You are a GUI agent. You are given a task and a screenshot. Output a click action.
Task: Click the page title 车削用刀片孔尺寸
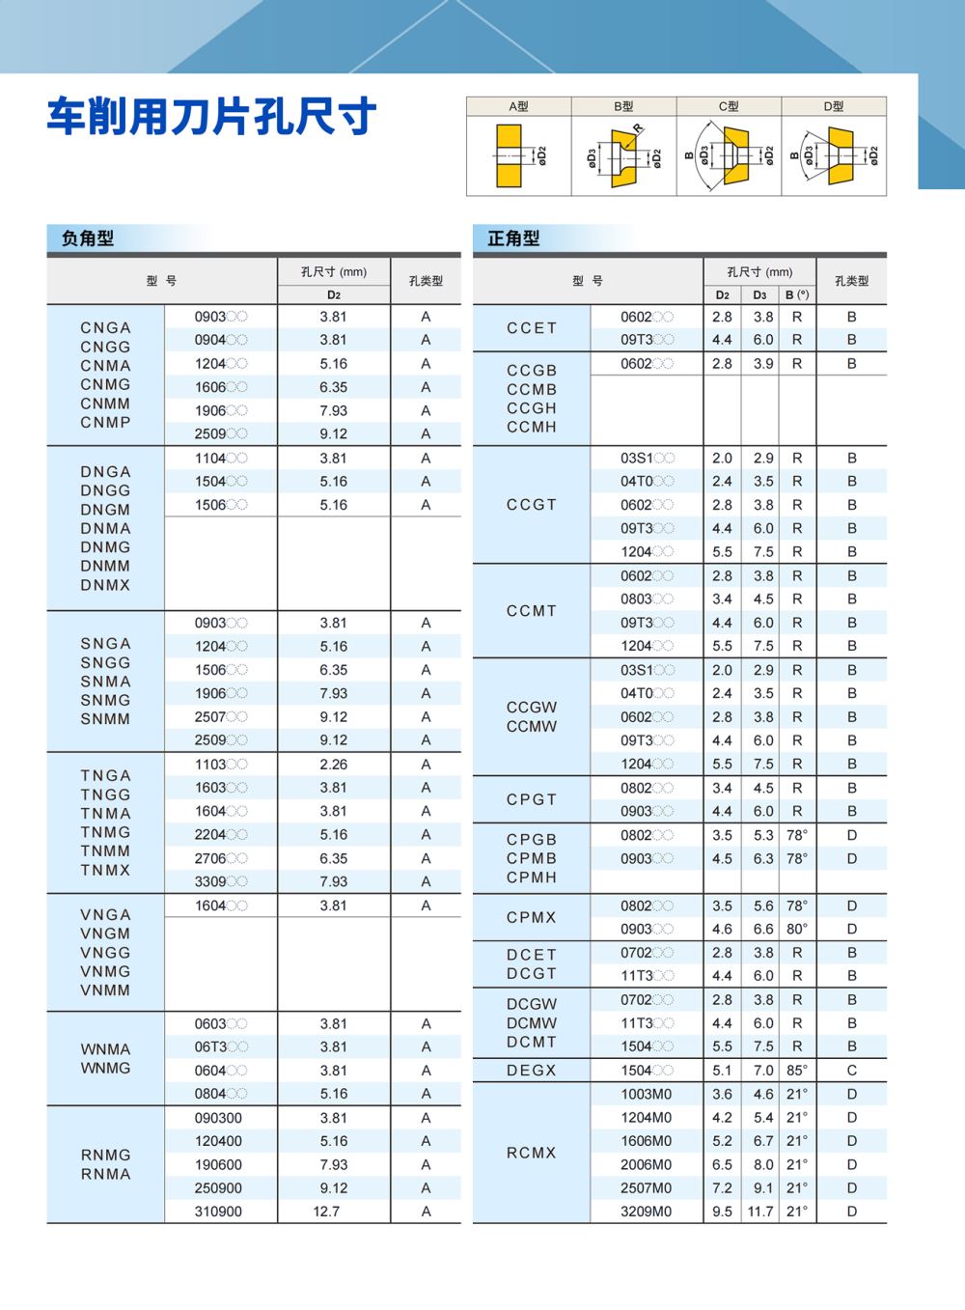[211, 117]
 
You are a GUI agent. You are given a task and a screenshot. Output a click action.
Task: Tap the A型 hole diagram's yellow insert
[509, 156]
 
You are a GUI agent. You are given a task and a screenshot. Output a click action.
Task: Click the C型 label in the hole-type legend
[729, 106]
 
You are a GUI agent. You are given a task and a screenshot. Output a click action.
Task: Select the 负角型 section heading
[88, 238]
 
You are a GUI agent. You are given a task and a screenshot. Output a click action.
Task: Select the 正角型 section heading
[513, 238]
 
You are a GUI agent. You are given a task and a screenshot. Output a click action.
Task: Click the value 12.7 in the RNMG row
[326, 1212]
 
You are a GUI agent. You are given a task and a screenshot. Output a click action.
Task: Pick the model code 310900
[218, 1212]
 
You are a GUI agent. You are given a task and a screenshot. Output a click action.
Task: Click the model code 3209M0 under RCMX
[646, 1212]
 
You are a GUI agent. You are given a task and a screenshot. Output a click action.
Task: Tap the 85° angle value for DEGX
[797, 1071]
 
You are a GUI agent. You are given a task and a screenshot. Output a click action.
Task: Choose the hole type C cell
[851, 1071]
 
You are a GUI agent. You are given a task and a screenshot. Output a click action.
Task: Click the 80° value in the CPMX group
[797, 930]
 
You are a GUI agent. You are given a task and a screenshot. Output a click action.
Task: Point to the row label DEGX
[532, 1071]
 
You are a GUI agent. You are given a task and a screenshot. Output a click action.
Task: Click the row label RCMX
[532, 1153]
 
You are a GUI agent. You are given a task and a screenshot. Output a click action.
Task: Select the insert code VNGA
[105, 915]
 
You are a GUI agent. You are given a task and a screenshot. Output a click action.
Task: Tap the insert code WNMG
[105, 1069]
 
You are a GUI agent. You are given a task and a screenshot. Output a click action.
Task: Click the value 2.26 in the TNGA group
[333, 765]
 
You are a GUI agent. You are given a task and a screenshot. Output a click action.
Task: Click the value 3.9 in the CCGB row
[763, 364]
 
